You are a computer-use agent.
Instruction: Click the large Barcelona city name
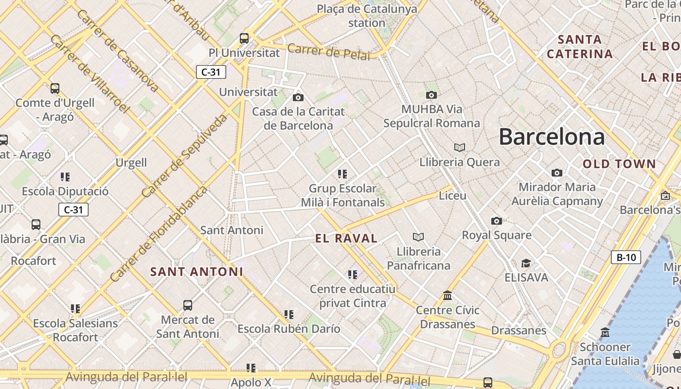pos(552,137)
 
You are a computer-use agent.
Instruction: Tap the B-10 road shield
pos(626,257)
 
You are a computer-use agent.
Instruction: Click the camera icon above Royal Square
pos(496,221)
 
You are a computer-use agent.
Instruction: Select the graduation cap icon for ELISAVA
pos(526,264)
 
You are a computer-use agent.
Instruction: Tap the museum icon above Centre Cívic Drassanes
pos(448,296)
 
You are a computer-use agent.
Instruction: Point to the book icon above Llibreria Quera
pos(459,147)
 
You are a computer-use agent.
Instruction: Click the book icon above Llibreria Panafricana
pos(418,237)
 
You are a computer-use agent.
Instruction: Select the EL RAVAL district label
pos(346,238)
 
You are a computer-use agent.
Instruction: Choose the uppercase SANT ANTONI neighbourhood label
pos(197,271)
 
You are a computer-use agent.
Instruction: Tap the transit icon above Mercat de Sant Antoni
pos(188,305)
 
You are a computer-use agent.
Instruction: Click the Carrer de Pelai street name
pos(328,51)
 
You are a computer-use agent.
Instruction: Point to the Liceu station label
pos(452,195)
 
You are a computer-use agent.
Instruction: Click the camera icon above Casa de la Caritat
pos(298,98)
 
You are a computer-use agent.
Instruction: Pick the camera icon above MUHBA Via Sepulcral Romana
pos(431,95)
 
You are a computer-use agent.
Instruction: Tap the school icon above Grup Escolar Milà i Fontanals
pos(342,174)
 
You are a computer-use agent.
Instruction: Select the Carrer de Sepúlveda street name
pos(185,156)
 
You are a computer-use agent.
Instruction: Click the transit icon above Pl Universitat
pos(244,38)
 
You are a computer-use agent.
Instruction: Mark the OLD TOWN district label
pos(619,164)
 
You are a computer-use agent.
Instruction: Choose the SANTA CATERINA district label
pos(579,47)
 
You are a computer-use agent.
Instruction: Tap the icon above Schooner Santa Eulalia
pos(605,333)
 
